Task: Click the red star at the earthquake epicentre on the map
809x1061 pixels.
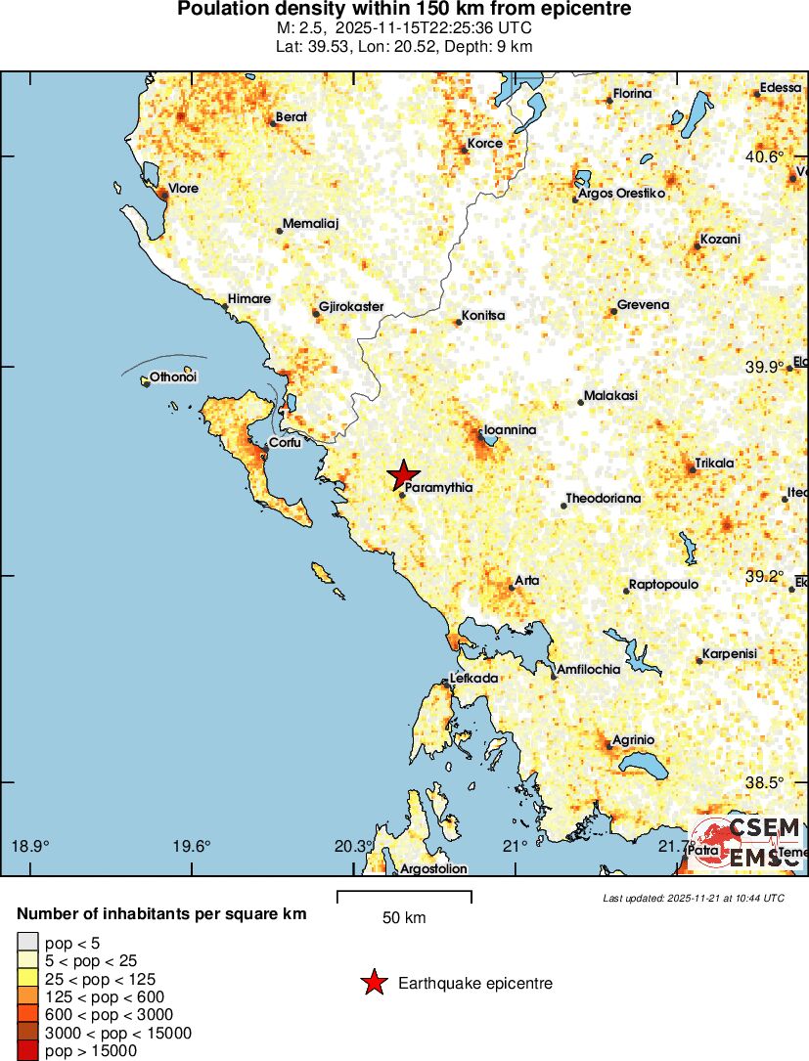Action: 403,475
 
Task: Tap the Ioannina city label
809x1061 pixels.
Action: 510,429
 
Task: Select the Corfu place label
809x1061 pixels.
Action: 285,442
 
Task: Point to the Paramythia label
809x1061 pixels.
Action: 439,487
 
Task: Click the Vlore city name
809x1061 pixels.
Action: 184,188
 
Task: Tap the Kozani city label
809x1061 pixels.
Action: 720,240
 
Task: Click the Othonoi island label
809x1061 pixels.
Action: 173,376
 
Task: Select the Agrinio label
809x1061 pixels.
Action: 633,739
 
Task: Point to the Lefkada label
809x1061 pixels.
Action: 474,678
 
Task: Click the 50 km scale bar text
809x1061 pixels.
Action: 404,917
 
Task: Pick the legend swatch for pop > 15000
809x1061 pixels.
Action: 27,1051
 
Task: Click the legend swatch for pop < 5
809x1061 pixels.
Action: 27,943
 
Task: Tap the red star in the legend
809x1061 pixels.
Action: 374,983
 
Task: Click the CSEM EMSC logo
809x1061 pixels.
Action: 748,841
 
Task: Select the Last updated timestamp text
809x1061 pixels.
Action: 694,898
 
